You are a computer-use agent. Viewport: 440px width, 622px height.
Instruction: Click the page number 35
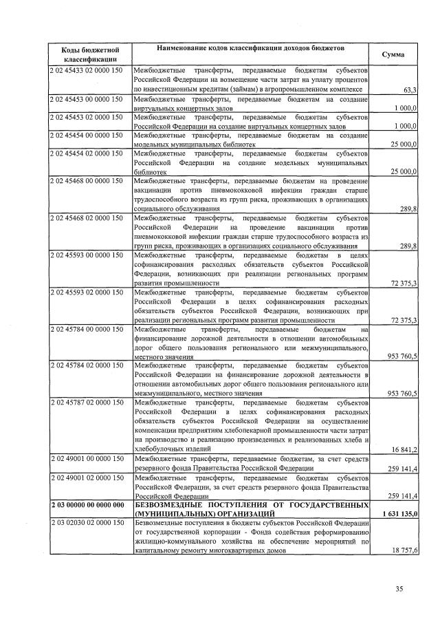(x=399, y=588)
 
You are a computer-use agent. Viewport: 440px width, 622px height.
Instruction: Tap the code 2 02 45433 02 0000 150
(x=86, y=71)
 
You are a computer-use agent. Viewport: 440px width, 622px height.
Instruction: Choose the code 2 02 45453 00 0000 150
(x=86, y=99)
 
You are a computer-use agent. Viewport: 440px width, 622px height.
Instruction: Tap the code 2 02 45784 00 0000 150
(x=86, y=329)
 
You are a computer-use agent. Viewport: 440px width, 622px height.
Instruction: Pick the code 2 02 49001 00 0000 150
(x=86, y=458)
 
